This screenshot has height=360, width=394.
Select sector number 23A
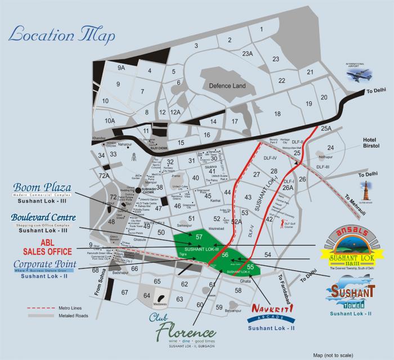[247, 54]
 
